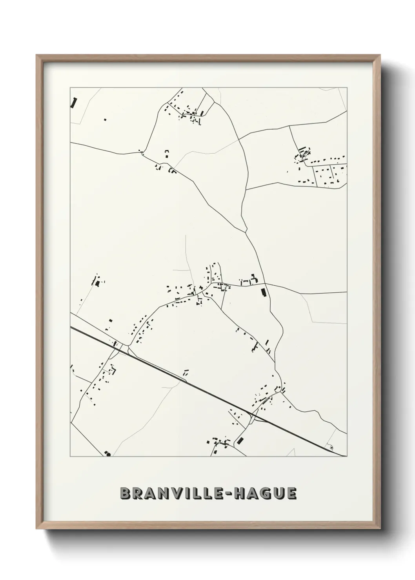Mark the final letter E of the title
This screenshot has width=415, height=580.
pos(291,493)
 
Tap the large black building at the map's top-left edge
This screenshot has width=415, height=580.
pos(74,102)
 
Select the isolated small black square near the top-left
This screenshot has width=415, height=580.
pos(104,119)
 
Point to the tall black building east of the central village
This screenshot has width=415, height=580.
pos(263,292)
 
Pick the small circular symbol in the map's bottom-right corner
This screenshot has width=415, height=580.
pos(332,447)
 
